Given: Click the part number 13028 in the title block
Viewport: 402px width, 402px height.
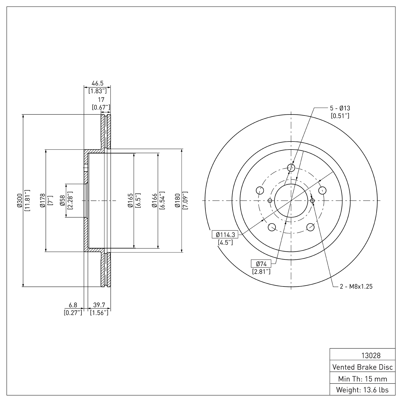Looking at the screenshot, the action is coord(371,355).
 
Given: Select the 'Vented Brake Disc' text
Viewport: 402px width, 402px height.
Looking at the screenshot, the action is coord(363,367).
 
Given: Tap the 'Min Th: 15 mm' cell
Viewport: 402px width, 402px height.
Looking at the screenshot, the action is coord(363,379).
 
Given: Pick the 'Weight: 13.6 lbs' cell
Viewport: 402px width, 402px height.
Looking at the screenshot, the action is coord(363,390).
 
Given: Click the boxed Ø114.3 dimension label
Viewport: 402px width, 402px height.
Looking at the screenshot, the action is coord(225,235).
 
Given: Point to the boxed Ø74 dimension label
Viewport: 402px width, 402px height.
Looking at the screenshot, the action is coord(261,264).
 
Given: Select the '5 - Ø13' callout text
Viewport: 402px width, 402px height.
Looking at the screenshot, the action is coord(340,108).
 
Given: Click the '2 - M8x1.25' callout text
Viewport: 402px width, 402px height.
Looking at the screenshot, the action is coord(356,286).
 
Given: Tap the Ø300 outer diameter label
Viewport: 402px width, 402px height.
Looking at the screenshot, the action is coord(19,201).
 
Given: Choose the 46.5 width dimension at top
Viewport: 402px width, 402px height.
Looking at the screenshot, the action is coord(98,83).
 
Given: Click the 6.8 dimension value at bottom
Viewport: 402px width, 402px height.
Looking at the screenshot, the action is coord(73,305).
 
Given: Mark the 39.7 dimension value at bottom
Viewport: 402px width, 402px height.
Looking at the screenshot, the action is coord(99,305).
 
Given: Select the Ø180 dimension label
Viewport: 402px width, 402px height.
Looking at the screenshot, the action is coord(177,200).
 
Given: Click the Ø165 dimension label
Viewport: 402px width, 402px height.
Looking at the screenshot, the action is coord(130,200).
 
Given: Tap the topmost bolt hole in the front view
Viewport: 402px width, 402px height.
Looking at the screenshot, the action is coord(291,168).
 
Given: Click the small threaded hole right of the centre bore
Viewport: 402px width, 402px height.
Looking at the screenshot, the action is coord(312,200).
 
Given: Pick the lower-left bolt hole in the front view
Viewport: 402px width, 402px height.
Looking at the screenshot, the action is coord(272,227).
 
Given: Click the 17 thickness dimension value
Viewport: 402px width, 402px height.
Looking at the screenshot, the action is coord(101,100).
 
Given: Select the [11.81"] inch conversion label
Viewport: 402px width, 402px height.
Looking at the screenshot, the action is coord(27,200).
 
